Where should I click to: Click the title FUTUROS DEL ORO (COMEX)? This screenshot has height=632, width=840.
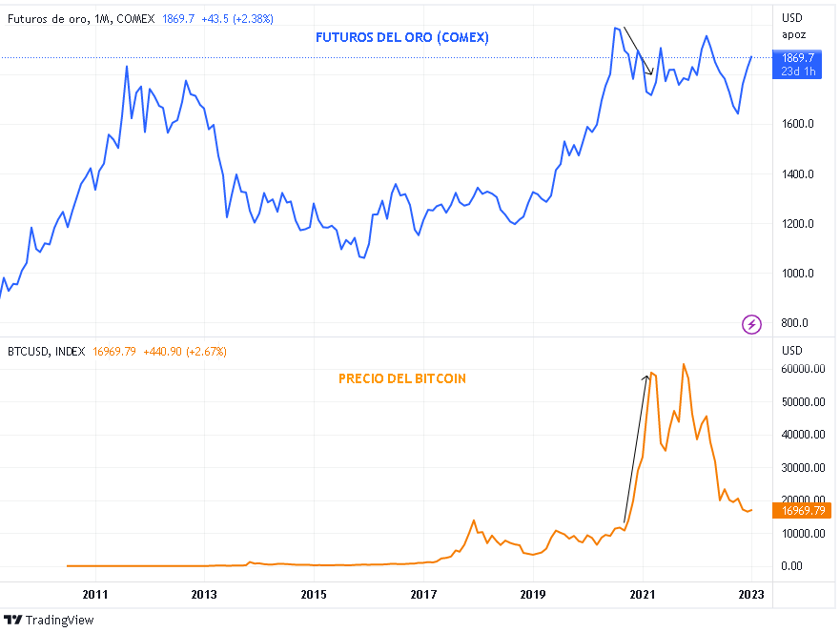(x=402, y=38)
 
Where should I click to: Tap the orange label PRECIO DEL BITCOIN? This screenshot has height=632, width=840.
(x=402, y=378)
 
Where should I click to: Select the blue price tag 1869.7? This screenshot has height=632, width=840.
(x=798, y=58)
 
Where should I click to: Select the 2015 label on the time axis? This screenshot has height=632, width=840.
(x=314, y=594)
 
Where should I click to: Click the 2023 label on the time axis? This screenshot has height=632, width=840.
(x=750, y=594)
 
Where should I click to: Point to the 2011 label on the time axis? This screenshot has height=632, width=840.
(x=94, y=594)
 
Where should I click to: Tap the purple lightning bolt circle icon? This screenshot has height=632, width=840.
(x=751, y=324)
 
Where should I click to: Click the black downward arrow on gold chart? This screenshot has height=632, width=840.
(x=637, y=51)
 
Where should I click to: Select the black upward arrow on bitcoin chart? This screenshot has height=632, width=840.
(x=636, y=448)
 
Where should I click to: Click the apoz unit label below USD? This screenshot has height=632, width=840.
(x=793, y=34)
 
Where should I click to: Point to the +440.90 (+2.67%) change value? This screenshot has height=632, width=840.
(x=185, y=352)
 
